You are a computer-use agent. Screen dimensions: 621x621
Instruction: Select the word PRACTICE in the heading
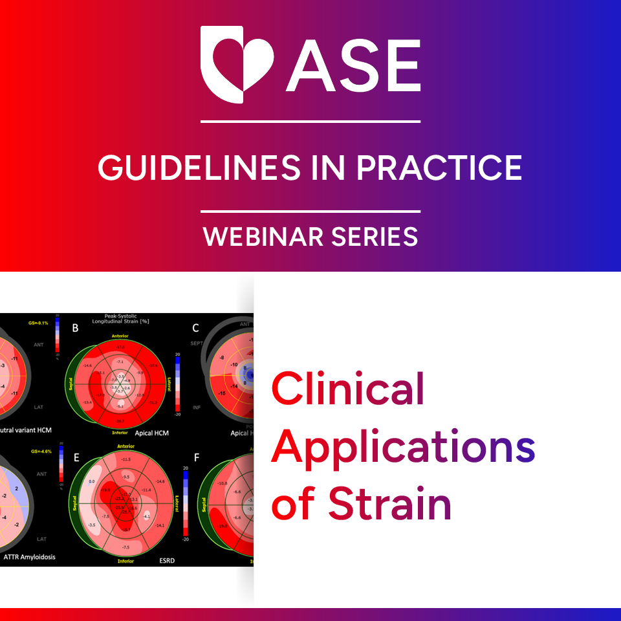pos(439,168)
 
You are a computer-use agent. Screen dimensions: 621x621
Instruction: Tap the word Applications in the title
pos(403,448)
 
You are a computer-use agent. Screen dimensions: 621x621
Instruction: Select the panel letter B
pos(75,328)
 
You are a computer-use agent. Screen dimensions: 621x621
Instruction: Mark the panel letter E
pos(76,457)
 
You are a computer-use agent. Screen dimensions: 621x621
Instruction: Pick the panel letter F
pos(197,457)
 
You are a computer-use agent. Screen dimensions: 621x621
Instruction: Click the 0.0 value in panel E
pos(92,481)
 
